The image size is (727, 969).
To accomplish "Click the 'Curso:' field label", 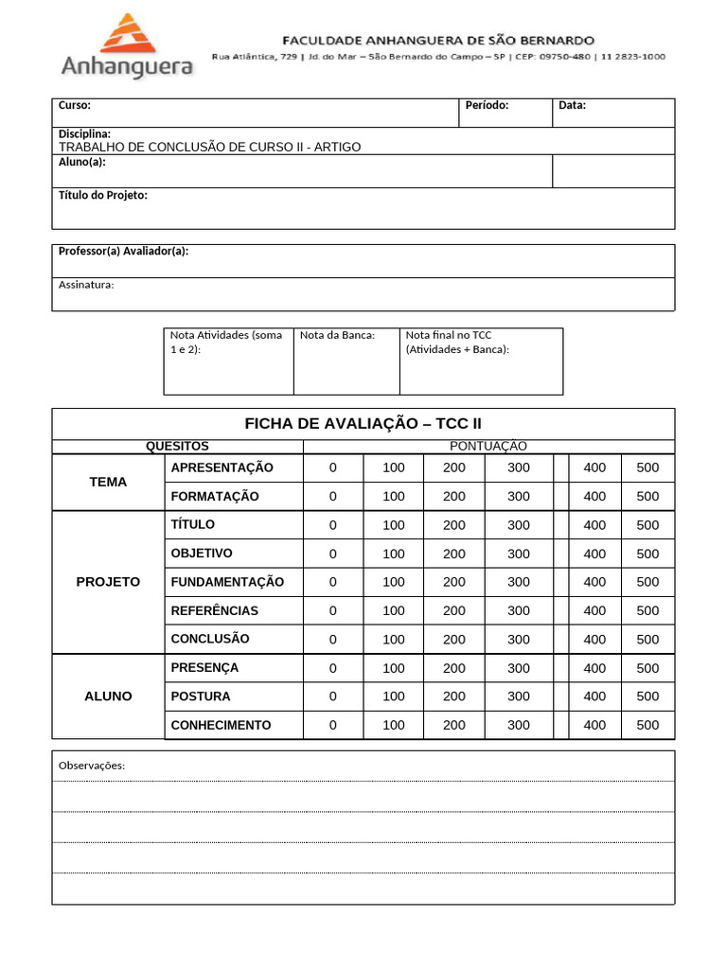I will tap(75, 105).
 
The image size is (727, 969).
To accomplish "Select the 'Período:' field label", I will tap(488, 105).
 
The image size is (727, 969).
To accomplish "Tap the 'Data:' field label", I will tap(572, 105).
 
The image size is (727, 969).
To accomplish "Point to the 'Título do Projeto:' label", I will tap(103, 195).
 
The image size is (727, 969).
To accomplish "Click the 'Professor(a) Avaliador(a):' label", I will tap(124, 251).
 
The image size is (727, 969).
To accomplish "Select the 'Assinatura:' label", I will tap(86, 284).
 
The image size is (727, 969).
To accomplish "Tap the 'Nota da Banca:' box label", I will tap(338, 334).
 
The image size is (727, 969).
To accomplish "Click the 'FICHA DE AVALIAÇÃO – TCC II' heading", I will tap(363, 423).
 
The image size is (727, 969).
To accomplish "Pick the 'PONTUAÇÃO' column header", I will tap(488, 446).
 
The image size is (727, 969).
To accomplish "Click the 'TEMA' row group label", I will tap(108, 482).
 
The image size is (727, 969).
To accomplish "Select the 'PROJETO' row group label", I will tap(108, 582).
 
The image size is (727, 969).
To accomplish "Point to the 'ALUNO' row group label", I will tap(108, 696).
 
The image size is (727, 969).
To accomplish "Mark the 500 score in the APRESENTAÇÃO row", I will tap(647, 467).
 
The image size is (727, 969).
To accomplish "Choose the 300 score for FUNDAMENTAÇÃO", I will tap(519, 582).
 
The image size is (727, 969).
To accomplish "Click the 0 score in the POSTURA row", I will tap(332, 696).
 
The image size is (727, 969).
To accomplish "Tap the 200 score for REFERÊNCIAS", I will tap(454, 610).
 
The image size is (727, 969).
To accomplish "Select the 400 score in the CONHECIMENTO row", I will tap(594, 725).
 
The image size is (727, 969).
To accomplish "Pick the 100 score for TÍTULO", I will tap(394, 525).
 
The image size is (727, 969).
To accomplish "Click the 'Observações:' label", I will tap(92, 765).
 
